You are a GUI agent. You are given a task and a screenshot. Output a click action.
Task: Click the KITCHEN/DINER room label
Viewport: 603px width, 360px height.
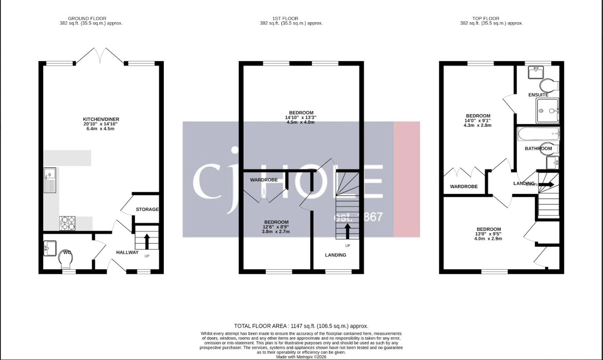(101, 119)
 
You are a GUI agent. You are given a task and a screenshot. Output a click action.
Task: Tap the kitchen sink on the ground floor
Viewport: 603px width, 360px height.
(49, 180)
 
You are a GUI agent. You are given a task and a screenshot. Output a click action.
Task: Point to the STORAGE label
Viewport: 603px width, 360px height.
(147, 209)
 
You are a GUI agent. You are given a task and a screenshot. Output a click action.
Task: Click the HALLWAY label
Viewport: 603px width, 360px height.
(127, 253)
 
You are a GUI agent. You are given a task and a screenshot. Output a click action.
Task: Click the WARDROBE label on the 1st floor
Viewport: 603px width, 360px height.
(264, 180)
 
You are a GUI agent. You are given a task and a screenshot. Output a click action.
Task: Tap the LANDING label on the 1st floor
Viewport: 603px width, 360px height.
(335, 255)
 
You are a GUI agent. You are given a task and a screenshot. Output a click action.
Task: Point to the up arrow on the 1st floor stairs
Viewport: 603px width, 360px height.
(348, 231)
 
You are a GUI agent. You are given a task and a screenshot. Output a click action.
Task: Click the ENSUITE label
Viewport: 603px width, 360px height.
(538, 95)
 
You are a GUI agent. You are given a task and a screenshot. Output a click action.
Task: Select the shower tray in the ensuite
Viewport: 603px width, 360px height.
(548, 111)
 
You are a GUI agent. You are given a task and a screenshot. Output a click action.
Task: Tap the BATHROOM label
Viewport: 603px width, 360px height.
(538, 149)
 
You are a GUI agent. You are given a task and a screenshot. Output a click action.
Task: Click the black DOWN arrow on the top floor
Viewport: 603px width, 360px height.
(546, 185)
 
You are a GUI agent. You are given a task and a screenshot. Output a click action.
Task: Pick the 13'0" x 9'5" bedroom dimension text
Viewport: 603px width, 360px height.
(489, 234)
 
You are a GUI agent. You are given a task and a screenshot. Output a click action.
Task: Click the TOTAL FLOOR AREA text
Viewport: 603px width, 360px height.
(301, 326)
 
